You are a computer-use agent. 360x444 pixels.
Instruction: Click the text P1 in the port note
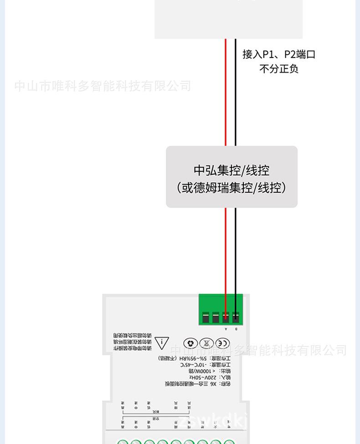(269, 55)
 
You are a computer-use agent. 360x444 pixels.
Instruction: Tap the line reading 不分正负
(278, 69)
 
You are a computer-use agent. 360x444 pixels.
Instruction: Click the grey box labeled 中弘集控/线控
(231, 170)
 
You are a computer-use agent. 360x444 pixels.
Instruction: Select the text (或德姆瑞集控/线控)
(231, 187)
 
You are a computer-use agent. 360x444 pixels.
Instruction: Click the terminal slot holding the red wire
(226, 316)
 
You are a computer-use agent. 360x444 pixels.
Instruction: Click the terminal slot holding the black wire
(236, 316)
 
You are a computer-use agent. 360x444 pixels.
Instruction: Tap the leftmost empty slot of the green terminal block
(206, 316)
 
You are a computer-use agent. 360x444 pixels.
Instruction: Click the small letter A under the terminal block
(226, 329)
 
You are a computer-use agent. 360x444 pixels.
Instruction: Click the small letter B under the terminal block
(236, 329)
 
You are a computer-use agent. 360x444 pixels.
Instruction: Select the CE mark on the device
(222, 343)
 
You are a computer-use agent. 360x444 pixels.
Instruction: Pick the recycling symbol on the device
(191, 343)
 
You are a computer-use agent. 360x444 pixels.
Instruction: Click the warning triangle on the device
(161, 343)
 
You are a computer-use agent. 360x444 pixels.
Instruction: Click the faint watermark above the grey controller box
(103, 86)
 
